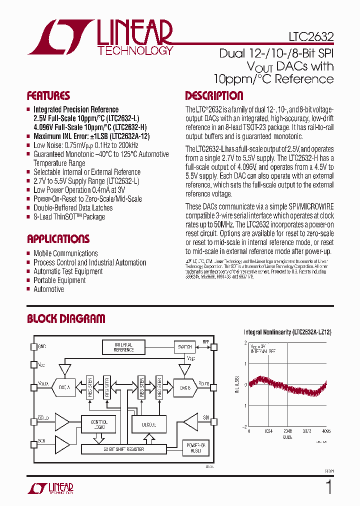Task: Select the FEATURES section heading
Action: pyautogui.click(x=48, y=96)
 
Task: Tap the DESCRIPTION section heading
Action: pyautogui.click(x=214, y=96)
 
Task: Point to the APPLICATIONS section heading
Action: pyautogui.click(x=58, y=239)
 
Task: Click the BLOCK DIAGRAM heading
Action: pyautogui.click(x=66, y=318)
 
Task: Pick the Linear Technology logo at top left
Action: pyautogui.click(x=100, y=37)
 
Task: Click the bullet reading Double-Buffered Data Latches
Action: pyautogui.click(x=73, y=208)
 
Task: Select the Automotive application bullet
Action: pyautogui.click(x=48, y=289)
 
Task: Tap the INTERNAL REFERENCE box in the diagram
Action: pyautogui.click(x=123, y=347)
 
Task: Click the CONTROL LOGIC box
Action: pyautogui.click(x=99, y=424)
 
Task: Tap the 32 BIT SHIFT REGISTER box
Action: pyautogui.click(x=123, y=449)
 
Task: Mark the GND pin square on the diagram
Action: pyautogui.click(x=34, y=346)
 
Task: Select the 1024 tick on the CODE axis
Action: pyautogui.click(x=268, y=431)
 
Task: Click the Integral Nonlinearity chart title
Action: pyautogui.click(x=287, y=332)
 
